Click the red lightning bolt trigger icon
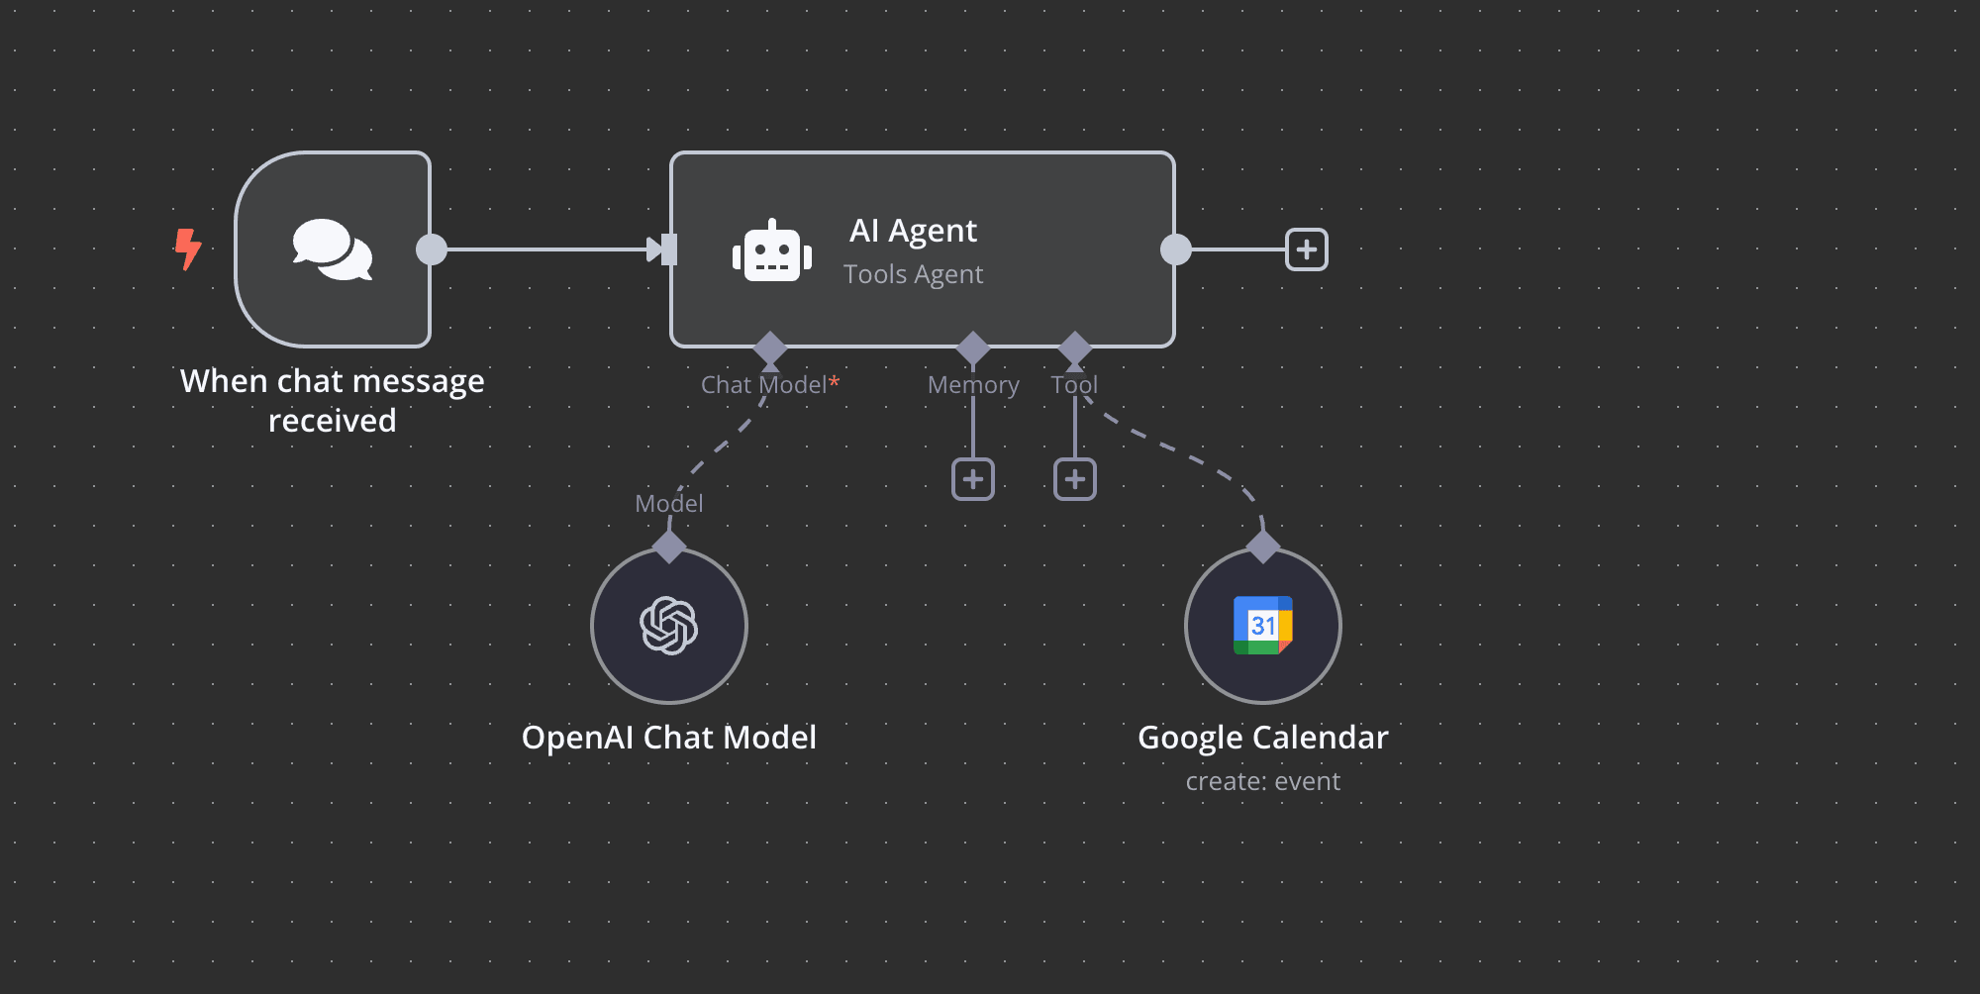click(x=187, y=248)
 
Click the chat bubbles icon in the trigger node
click(x=333, y=249)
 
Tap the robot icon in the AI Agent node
click(x=772, y=251)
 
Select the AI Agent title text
click(x=913, y=231)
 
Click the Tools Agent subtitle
click(x=913, y=274)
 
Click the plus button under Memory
click(x=973, y=479)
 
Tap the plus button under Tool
click(x=1075, y=479)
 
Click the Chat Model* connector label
click(x=769, y=385)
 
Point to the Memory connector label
click(x=973, y=385)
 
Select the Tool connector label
click(x=1074, y=385)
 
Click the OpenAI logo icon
click(x=669, y=626)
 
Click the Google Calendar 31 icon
click(x=1263, y=626)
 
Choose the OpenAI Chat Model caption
click(x=669, y=738)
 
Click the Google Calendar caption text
click(x=1263, y=738)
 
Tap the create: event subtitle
click(x=1263, y=781)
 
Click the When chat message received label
click(x=333, y=400)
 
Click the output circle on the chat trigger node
click(x=432, y=249)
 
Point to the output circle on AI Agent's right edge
click(x=1176, y=249)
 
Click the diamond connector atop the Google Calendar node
click(x=1263, y=546)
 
